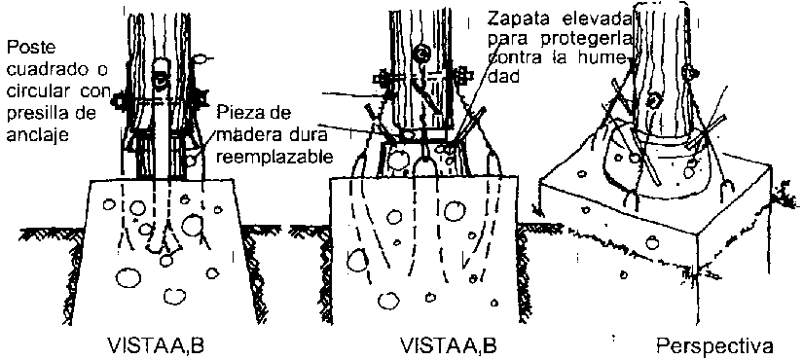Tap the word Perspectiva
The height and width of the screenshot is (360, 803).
tap(715, 345)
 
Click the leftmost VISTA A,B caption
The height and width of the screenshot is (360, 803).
tap(156, 345)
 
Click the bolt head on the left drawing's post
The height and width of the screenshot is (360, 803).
tap(161, 80)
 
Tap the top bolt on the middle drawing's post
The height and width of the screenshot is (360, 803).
tap(422, 53)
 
